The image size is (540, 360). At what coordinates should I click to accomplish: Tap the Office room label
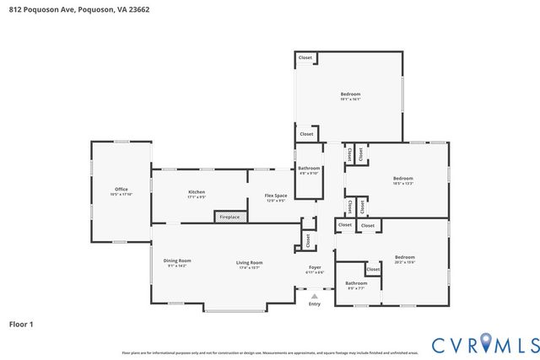coord(121,189)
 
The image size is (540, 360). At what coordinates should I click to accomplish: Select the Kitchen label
coord(197,191)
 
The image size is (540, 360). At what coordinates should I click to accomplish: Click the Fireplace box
coord(229,218)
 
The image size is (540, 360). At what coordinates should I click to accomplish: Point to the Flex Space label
coord(276,196)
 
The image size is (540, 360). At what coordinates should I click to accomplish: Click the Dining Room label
coord(177,261)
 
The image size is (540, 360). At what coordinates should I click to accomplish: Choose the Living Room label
coord(249,262)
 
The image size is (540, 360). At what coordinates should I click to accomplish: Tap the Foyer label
coord(314,267)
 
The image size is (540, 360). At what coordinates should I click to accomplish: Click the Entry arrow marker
coord(314,296)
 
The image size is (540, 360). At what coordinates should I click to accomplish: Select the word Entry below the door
coord(314,304)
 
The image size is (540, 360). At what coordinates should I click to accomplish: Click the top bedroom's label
coord(350,94)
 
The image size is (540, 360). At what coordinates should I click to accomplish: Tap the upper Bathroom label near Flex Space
coord(309,169)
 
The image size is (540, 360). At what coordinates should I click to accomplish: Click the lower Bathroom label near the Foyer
coord(356,283)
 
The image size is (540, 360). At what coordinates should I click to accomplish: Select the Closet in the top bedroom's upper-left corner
coord(305,58)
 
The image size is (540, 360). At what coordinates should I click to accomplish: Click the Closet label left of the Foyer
coord(308,239)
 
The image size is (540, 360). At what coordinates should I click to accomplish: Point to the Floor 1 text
coord(21,323)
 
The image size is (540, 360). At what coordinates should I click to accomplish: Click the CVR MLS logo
coord(484,344)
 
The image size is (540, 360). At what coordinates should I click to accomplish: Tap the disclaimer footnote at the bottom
coord(270,352)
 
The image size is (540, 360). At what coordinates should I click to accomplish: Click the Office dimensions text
coord(121,194)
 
